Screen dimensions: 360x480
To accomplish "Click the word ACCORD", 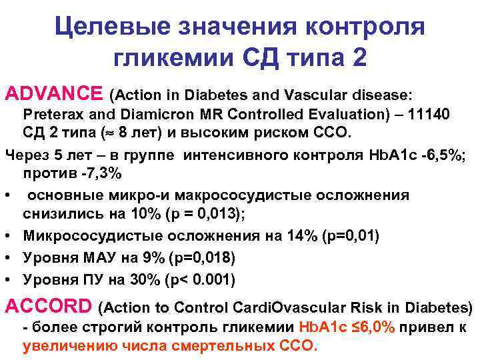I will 48,307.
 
